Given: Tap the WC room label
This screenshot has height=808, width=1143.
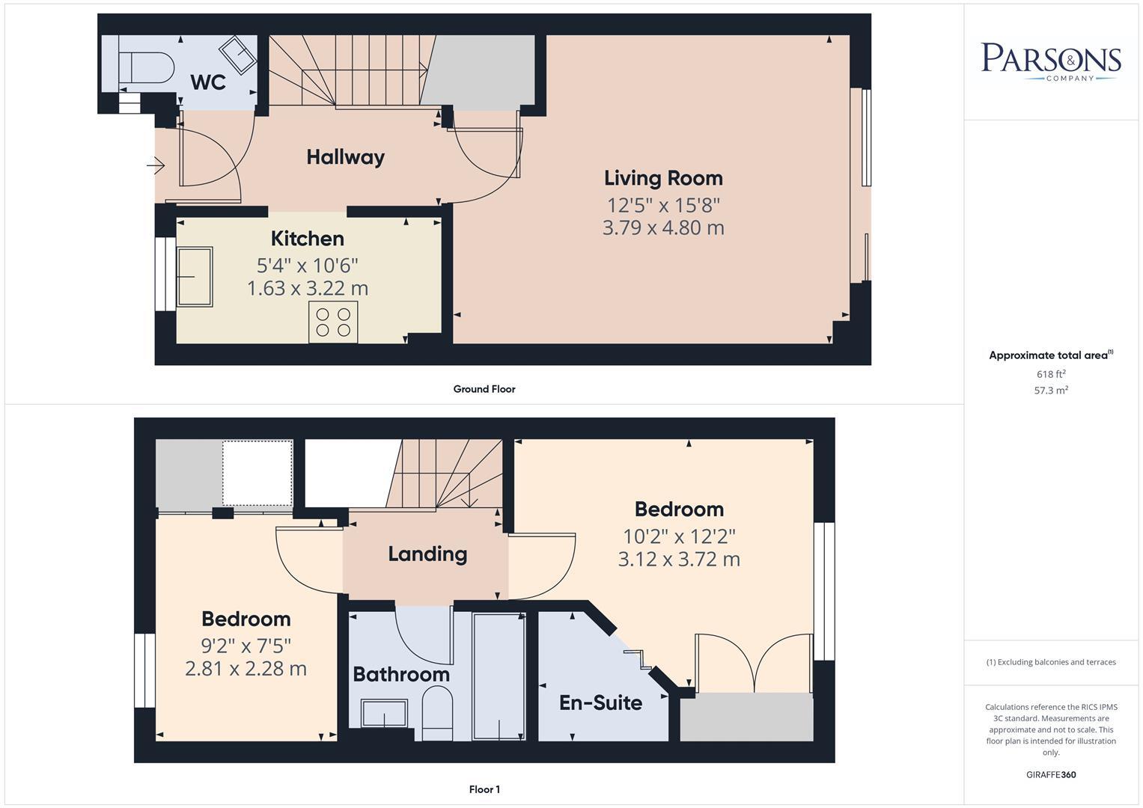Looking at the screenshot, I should tap(208, 82).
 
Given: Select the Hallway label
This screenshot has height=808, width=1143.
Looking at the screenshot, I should tap(345, 157).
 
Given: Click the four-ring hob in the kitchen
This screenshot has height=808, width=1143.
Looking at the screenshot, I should tap(333, 322).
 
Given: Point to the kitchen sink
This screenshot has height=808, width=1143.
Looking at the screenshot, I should tap(195, 277).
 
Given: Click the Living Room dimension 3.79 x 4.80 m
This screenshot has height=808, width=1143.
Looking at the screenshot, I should tap(663, 227).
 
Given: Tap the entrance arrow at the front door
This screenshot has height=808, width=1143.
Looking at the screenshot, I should tap(156, 165).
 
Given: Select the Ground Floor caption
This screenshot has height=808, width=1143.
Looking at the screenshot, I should tap(484, 389).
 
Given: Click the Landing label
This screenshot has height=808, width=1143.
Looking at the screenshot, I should tap(427, 554).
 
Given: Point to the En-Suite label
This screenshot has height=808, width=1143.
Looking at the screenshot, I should tap(600, 703).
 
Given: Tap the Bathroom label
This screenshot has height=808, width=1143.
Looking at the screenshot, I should tap(401, 675).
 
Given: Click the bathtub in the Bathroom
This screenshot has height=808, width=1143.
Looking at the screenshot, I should tap(499, 676).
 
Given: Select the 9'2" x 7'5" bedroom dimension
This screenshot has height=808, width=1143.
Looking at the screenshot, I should tap(246, 645).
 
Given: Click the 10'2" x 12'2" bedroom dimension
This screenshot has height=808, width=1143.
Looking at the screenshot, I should tap(679, 536).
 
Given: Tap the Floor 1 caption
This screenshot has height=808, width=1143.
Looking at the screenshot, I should tap(484, 789).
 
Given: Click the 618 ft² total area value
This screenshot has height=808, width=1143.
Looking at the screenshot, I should tap(1051, 374).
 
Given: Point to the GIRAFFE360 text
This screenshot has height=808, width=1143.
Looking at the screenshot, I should tap(1051, 774).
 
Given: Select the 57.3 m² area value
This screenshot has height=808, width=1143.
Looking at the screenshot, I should tap(1051, 390).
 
